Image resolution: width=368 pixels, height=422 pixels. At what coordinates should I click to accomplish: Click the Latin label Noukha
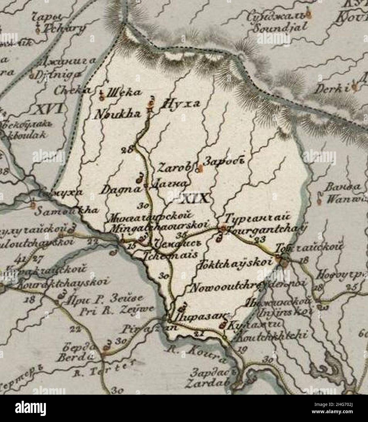114,114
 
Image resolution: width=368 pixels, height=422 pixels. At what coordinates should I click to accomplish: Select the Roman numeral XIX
195,199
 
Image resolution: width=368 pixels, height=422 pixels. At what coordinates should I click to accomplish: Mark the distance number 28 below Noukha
128,149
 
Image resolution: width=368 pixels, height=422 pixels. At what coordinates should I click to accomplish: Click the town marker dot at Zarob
199,170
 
